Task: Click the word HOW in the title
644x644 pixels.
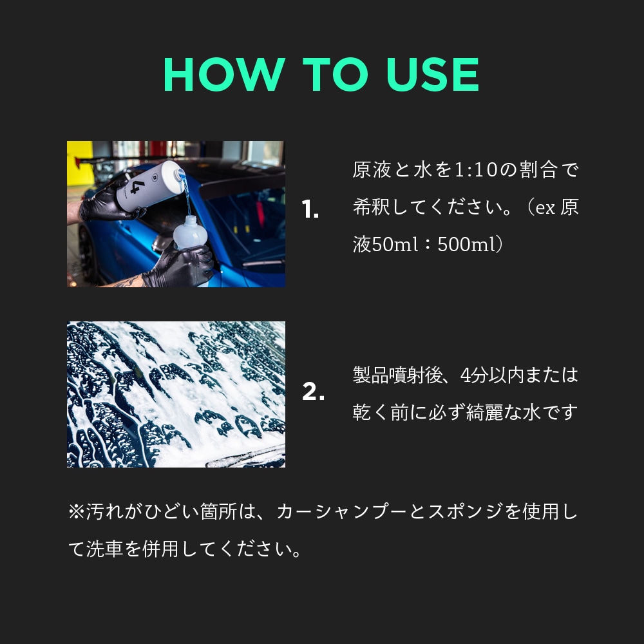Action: click(x=224, y=74)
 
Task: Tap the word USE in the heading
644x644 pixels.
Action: click(x=433, y=74)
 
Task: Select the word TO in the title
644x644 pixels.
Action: click(x=335, y=74)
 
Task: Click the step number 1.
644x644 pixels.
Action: click(x=310, y=209)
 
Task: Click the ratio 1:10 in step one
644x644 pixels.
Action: click(x=477, y=170)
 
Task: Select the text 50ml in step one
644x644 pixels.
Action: click(x=395, y=244)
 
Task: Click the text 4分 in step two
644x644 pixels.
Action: click(x=472, y=375)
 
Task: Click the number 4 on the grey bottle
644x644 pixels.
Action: click(x=135, y=187)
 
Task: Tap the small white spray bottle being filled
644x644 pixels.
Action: click(x=190, y=232)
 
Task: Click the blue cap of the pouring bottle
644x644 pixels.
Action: click(x=180, y=175)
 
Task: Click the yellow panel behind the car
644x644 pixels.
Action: click(x=80, y=163)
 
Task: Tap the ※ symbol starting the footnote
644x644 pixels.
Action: click(x=77, y=512)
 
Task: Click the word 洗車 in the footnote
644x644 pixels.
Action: click(x=105, y=549)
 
